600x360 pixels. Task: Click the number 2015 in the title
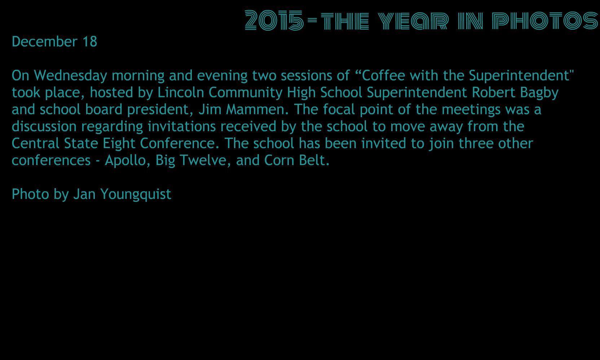click(x=274, y=21)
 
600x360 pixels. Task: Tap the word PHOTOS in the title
click(x=545, y=21)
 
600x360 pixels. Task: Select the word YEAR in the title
click(x=413, y=21)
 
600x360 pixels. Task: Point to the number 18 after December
click(x=90, y=42)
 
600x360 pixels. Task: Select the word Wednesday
click(x=70, y=76)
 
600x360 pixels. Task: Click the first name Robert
click(x=493, y=92)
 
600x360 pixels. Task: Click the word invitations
click(x=182, y=126)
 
